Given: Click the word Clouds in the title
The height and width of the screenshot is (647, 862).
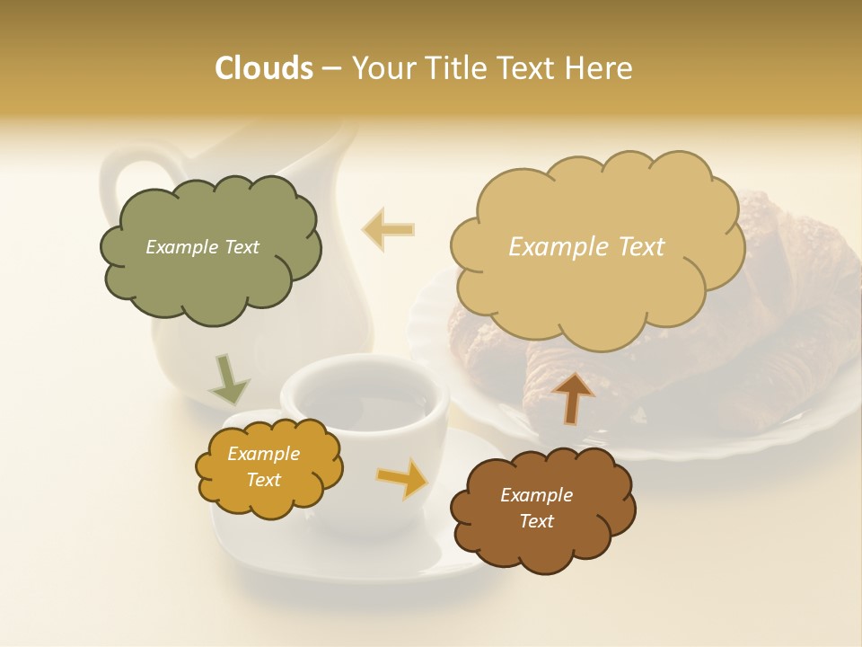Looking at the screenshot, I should [263, 68].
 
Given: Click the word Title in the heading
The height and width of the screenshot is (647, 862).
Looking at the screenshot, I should [454, 68].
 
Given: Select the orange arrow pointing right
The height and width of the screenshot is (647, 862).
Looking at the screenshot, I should [403, 478].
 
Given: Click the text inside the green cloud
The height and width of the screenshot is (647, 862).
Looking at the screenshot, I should [202, 247].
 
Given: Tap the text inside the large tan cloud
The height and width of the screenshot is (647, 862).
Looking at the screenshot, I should [586, 247].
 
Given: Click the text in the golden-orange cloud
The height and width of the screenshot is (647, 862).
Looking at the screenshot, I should [263, 467].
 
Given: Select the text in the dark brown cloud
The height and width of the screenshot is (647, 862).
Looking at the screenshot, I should [536, 509].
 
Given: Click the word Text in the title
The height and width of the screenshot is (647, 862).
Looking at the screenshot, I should [530, 68].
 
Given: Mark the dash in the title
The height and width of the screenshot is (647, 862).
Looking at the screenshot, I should [331, 68].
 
